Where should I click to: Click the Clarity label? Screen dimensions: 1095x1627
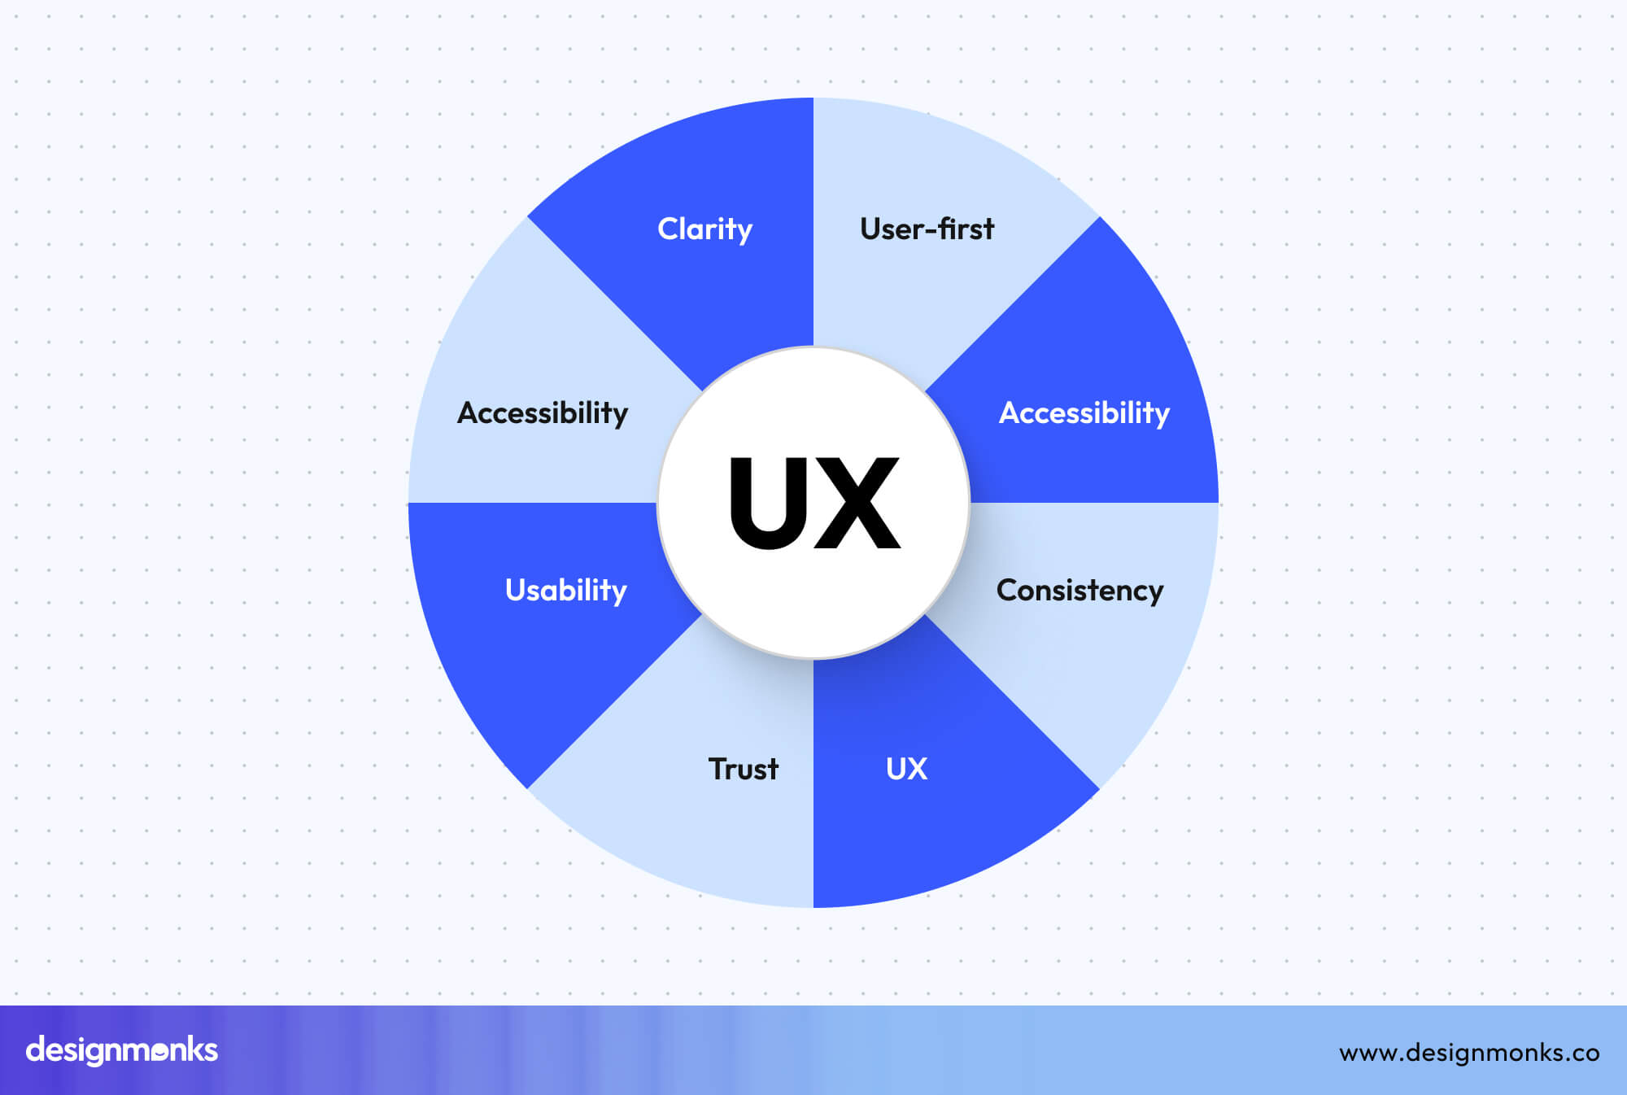tap(704, 229)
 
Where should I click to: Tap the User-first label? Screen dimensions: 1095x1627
tap(927, 229)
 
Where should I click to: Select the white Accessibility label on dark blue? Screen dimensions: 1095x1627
tap(1084, 413)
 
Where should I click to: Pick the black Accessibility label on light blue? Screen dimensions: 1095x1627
tap(543, 413)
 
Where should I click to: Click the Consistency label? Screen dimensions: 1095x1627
tap(1080, 591)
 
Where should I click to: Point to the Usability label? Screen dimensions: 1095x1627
tap(566, 591)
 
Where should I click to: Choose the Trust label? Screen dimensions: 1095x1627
tap(743, 769)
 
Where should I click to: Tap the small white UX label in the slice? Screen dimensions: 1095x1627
tap(906, 769)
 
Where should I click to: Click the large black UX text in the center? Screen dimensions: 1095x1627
tap(813, 504)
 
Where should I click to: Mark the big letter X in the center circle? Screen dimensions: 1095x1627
tap(858, 504)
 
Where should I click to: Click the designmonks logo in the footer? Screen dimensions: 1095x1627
tap(122, 1050)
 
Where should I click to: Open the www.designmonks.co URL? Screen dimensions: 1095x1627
tap(1469, 1053)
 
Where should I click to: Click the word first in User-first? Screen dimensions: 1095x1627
tap(966, 229)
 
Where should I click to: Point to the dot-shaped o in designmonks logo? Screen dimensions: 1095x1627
tap(160, 1051)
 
